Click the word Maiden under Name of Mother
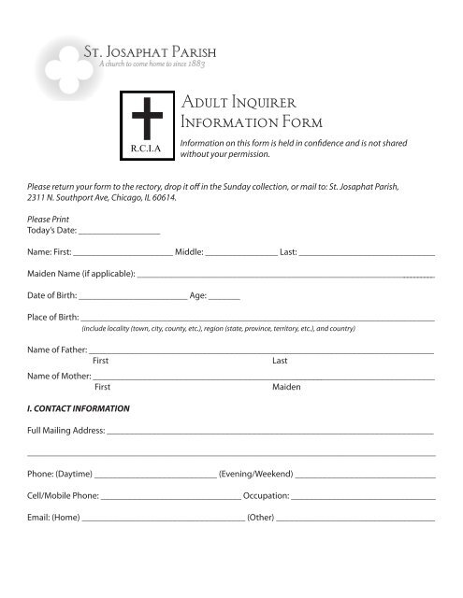(286, 386)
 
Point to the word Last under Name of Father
(280, 360)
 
